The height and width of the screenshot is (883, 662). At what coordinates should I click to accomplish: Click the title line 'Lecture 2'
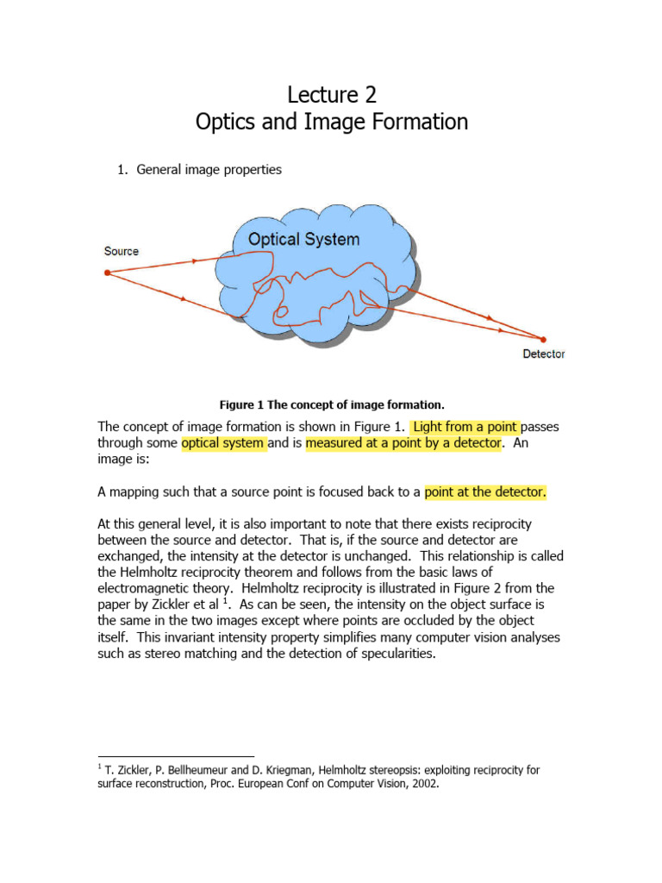coord(332,94)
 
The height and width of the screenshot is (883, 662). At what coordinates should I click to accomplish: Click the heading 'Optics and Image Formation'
coord(332,122)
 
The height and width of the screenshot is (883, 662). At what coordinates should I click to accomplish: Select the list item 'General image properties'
coord(209,170)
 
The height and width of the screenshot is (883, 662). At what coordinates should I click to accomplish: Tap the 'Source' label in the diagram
coord(122,251)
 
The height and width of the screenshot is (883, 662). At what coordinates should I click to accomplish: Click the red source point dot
coord(107,272)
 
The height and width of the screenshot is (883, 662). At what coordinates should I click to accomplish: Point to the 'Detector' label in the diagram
coord(544,354)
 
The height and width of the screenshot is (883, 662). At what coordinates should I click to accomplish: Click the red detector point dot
coord(544,338)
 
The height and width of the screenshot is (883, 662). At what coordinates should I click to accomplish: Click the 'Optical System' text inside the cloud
coord(303,239)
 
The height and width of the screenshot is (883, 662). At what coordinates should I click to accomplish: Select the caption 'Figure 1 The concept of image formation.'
coord(332,404)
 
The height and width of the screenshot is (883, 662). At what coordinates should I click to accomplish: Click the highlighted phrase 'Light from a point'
coord(465,426)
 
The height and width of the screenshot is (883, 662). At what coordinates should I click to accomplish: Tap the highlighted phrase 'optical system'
coord(223,443)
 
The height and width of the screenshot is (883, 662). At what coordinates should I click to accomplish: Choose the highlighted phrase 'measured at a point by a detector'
coord(403,443)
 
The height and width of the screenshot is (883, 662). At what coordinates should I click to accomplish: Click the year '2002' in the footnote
coord(425,785)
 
